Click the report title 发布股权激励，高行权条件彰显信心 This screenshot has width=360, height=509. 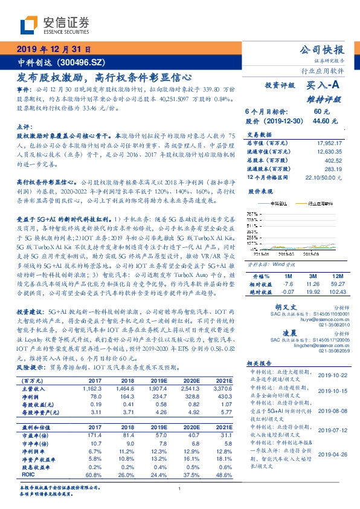(103, 77)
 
